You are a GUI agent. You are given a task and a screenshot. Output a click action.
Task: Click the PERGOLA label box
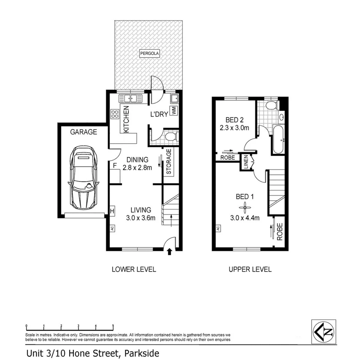pos(149,53)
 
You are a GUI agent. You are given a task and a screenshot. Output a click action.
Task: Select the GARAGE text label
pos(83,132)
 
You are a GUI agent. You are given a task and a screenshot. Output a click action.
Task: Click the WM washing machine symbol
pos(174,111)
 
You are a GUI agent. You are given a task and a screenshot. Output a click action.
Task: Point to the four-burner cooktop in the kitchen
pos(115,114)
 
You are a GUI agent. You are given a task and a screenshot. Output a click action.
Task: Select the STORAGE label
pos(169,162)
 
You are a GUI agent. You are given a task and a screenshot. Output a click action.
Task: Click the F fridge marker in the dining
pos(115,165)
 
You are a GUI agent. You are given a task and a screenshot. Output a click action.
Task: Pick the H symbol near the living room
pos(112,211)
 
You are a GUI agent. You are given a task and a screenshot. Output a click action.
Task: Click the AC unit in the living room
pos(112,228)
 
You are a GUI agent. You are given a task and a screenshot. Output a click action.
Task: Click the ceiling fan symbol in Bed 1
pos(245,208)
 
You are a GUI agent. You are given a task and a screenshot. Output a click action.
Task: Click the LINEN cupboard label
pos(246,163)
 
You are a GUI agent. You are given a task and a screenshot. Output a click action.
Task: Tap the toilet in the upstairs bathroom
pos(271,105)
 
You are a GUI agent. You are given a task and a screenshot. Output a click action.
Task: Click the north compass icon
pos(324,332)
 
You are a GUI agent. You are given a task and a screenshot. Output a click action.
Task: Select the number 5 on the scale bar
pos(113,326)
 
